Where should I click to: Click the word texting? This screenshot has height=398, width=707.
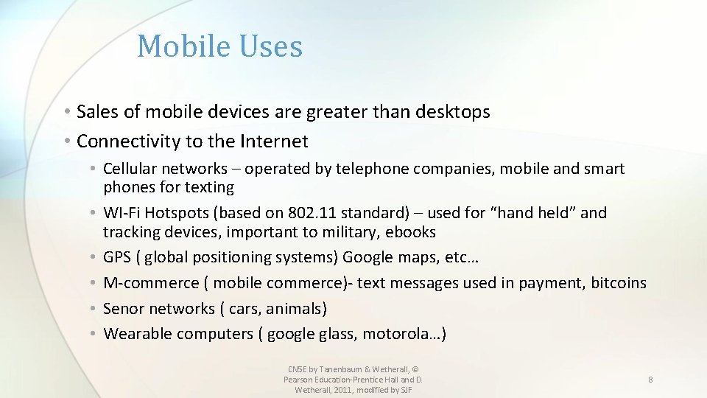[x=209, y=187]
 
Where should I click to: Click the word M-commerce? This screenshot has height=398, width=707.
[x=151, y=283]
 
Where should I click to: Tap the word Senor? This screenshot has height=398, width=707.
[x=125, y=308]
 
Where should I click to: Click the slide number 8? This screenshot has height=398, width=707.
[x=650, y=380]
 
